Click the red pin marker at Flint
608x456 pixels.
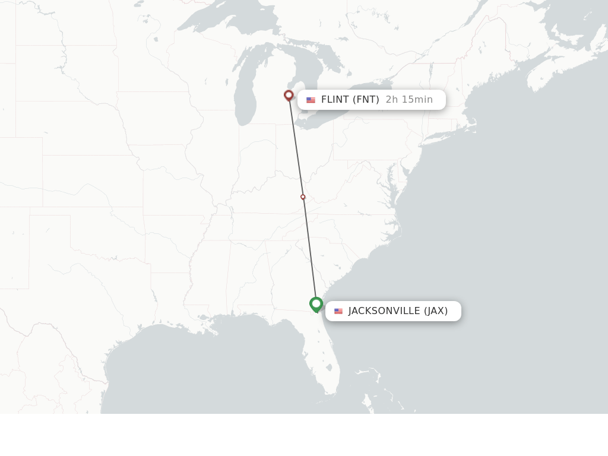289,95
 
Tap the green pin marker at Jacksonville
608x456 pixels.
316,304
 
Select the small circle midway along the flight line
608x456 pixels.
303,197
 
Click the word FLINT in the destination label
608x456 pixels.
335,100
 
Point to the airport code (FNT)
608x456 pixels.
366,100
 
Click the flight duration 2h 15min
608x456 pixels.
409,100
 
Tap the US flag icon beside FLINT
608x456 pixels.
311,100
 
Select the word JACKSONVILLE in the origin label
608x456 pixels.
384,311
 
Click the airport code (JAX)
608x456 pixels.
436,311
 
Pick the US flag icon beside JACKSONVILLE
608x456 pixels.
338,311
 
